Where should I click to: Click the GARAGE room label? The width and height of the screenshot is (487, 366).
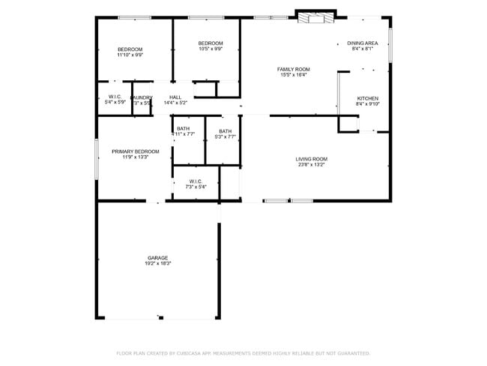157,258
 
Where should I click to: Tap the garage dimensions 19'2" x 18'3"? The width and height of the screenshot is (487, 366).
157,264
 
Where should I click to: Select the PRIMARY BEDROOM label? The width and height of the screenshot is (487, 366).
136,151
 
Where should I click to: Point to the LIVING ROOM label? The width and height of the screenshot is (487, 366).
311,159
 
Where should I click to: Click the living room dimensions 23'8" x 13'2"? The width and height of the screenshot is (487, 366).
311,165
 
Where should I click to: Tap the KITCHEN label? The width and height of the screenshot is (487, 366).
367,98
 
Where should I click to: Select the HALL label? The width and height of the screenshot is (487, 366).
175,97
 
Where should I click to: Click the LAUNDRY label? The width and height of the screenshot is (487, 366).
142,97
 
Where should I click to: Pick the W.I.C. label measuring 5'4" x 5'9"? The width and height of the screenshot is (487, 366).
115,97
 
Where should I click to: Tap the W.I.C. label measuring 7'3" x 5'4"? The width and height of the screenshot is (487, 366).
196,181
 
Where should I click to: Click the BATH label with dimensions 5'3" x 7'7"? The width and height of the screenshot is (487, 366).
226,130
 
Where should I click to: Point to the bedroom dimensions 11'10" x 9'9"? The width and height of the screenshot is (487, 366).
130,55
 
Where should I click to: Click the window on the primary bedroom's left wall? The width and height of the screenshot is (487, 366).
96,158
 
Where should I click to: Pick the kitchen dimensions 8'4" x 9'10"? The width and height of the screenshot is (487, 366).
367,104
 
